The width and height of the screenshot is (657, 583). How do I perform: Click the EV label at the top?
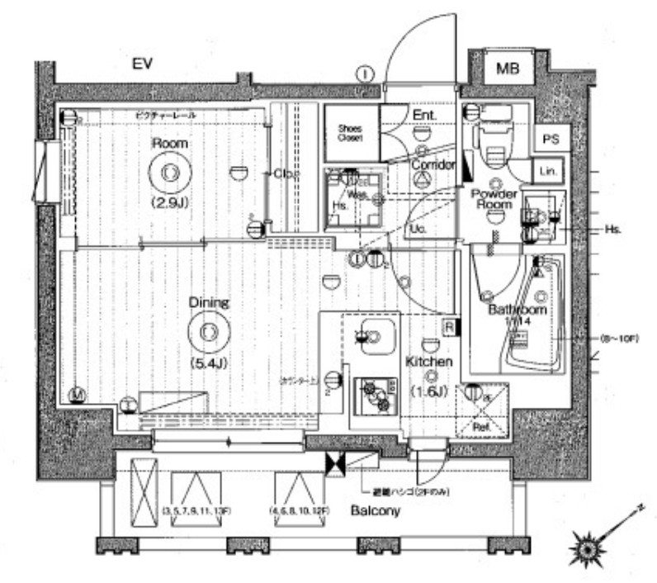click(x=144, y=64)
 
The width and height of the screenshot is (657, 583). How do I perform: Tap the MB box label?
click(x=507, y=69)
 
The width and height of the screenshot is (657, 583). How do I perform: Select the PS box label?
click(x=551, y=140)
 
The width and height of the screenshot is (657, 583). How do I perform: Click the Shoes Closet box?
click(x=351, y=133)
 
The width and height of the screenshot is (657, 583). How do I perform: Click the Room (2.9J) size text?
click(x=169, y=201)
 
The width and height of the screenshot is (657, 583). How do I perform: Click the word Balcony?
click(x=375, y=511)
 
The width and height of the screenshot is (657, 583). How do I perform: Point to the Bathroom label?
click(x=517, y=309)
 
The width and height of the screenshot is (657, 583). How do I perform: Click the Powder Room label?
click(x=494, y=199)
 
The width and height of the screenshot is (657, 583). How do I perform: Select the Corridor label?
click(x=432, y=164)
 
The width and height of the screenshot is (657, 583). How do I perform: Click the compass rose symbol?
click(x=588, y=548)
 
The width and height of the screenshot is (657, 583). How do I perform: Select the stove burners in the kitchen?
click(x=376, y=396)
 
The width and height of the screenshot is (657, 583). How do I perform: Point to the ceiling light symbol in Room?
click(x=169, y=173)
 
